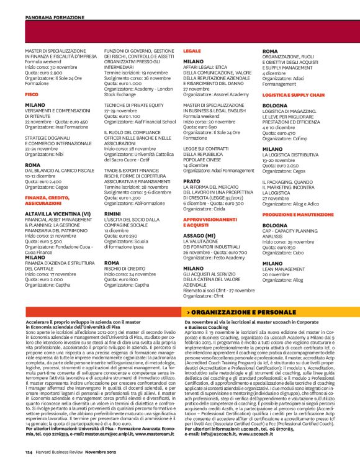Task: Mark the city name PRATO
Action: (192, 181)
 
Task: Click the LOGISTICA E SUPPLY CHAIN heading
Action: (293, 94)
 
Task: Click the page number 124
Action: (29, 452)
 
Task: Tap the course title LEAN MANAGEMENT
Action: (286, 269)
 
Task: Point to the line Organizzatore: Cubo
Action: (283, 253)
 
